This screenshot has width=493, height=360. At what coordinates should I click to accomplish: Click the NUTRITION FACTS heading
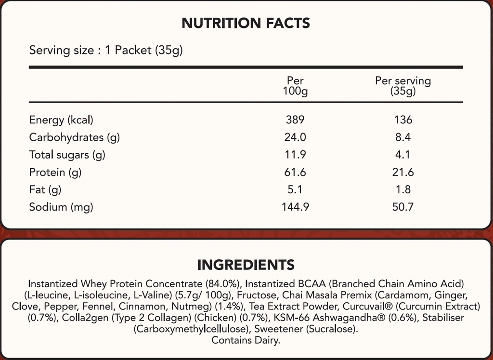click(x=246, y=23)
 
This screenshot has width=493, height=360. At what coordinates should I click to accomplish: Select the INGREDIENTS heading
click(x=246, y=265)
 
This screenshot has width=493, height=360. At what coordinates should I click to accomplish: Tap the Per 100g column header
click(x=295, y=86)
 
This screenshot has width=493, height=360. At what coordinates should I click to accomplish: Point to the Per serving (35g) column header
click(x=403, y=86)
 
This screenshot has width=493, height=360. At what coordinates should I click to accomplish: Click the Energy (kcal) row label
click(x=61, y=120)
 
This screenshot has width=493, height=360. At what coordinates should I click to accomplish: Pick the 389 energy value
click(x=295, y=120)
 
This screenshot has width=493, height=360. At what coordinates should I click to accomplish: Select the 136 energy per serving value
click(x=403, y=120)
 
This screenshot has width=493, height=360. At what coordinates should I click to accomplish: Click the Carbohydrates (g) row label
click(x=75, y=137)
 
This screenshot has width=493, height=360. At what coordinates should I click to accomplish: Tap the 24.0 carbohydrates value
click(x=295, y=137)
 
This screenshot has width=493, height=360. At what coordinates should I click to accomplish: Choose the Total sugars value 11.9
click(x=295, y=155)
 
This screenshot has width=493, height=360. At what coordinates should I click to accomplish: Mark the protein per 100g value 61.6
click(x=295, y=173)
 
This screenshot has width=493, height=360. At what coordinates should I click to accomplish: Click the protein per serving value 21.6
click(x=403, y=173)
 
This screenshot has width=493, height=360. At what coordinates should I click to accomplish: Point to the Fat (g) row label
click(x=45, y=190)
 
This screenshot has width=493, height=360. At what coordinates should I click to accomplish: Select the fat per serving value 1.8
click(x=403, y=190)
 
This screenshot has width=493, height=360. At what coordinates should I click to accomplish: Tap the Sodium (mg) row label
click(x=61, y=207)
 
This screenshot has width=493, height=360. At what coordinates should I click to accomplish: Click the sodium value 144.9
click(x=295, y=207)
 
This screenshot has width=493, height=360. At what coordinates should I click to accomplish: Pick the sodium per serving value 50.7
click(x=403, y=207)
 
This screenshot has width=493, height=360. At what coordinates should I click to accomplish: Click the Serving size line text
click(x=106, y=50)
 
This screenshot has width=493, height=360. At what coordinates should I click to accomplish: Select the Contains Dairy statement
click(x=246, y=340)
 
